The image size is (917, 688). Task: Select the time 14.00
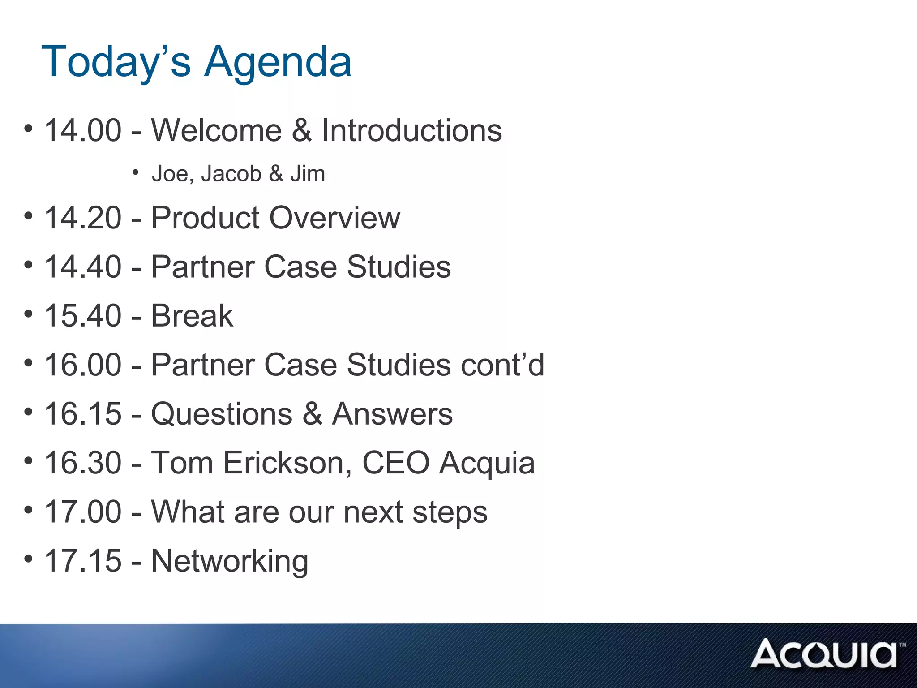(x=83, y=130)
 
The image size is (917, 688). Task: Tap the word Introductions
(x=412, y=130)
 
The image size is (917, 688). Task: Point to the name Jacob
(x=231, y=174)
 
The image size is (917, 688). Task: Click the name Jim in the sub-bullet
(x=308, y=174)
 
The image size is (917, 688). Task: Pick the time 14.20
(x=83, y=218)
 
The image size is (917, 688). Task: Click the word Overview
(x=334, y=218)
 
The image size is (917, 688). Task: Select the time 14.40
(x=83, y=267)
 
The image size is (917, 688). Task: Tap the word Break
(x=192, y=316)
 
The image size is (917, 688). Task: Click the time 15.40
(x=83, y=316)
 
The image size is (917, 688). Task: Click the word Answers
(x=392, y=414)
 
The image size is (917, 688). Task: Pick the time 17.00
(x=83, y=512)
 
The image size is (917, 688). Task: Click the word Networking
(x=230, y=561)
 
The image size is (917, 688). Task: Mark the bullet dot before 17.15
(x=28, y=559)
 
